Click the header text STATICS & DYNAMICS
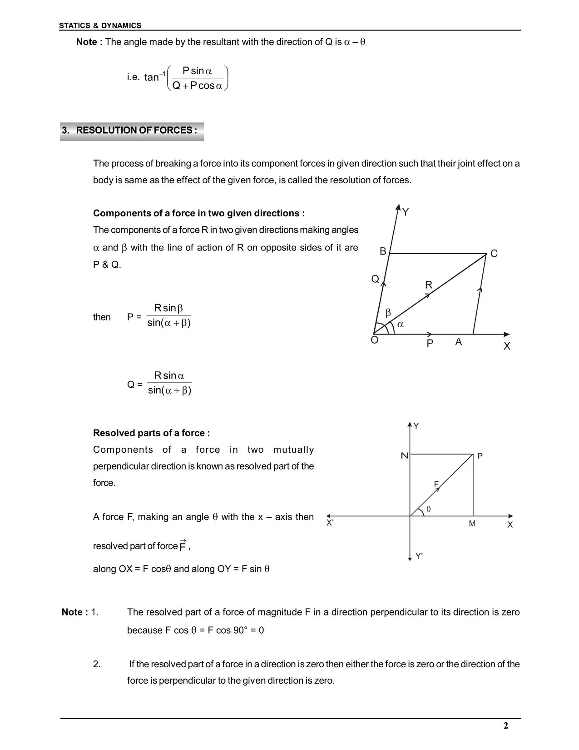(100, 26)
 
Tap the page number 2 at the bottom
(506, 725)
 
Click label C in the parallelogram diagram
(494, 254)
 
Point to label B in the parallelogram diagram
(383, 251)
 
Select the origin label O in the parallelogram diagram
(375, 340)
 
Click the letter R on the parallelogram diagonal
(429, 285)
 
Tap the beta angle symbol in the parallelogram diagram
(388, 313)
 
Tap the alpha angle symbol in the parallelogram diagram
(400, 325)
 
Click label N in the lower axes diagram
(404, 455)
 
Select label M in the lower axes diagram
(472, 524)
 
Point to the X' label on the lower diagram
(330, 523)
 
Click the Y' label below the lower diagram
(419, 556)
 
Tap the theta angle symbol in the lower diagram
(428, 510)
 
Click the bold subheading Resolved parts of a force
(151, 433)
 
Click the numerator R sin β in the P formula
(168, 308)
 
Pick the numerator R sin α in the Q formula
(169, 375)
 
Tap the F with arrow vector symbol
(183, 545)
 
